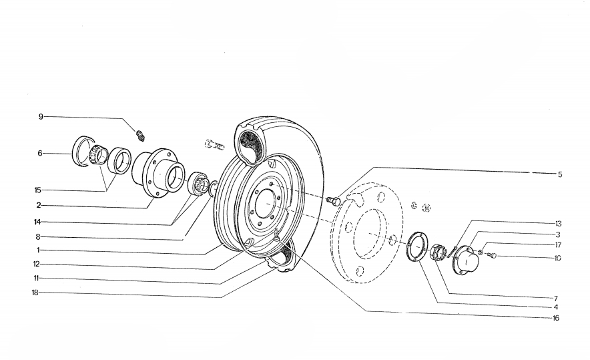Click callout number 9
point(41,116)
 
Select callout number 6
point(41,153)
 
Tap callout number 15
point(38,190)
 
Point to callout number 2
point(39,205)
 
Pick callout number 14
point(38,222)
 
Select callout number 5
point(561,174)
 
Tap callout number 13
point(558,223)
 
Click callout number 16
point(556,319)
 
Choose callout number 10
point(558,257)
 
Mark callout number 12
point(38,264)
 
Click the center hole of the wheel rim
point(265,201)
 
